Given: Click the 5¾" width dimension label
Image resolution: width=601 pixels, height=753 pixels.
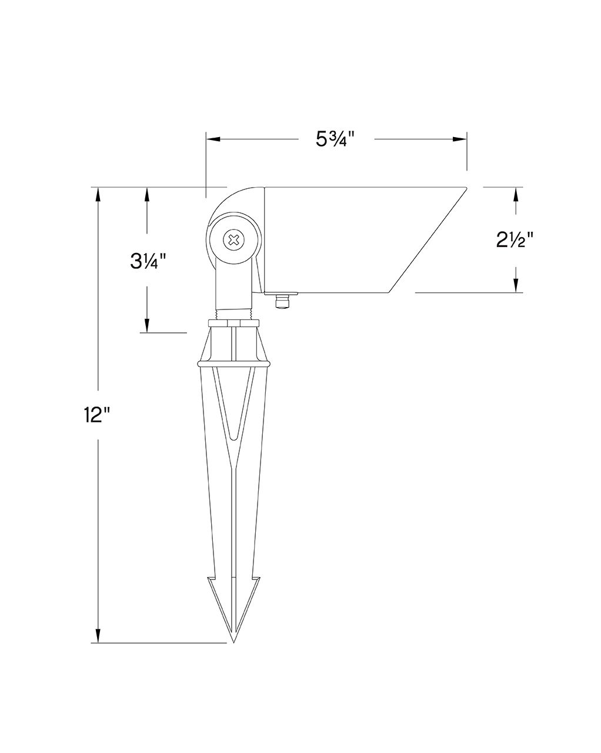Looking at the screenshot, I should coord(336,139).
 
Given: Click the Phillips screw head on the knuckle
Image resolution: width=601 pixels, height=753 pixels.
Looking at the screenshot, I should coord(234,239).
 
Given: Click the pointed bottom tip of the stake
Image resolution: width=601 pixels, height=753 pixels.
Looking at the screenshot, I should coord(234,640).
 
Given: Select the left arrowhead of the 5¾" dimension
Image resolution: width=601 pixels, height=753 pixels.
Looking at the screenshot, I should coord(212,139).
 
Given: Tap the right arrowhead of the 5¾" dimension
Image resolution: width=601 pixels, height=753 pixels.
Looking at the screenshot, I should coord(460,139).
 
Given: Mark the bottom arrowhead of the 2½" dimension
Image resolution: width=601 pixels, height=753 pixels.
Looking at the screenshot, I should coord(516,285).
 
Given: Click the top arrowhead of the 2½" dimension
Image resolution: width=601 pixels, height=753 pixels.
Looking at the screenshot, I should coord(516,195).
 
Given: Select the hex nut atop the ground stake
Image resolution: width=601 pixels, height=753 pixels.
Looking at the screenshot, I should coord(234,322).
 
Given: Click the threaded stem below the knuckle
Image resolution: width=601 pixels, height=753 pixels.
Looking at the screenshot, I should coord(235,314).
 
